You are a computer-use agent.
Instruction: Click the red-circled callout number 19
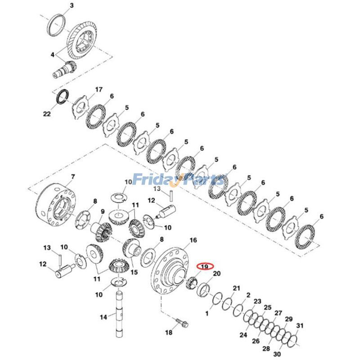tap(205, 266)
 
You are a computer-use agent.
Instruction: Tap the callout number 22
tap(47, 114)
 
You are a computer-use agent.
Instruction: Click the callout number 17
tap(99, 90)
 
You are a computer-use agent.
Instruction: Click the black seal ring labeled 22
tap(62, 96)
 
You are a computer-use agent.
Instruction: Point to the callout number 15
tap(134, 272)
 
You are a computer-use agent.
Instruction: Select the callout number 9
tap(102, 211)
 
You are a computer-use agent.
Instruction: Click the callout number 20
tap(216, 274)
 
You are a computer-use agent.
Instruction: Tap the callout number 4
tap(53, 55)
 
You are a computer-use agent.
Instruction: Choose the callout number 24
tap(243, 335)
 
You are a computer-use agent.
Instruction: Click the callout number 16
tap(193, 240)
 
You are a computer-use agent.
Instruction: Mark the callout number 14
tap(103, 317)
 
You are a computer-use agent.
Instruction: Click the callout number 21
tap(236, 288)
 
